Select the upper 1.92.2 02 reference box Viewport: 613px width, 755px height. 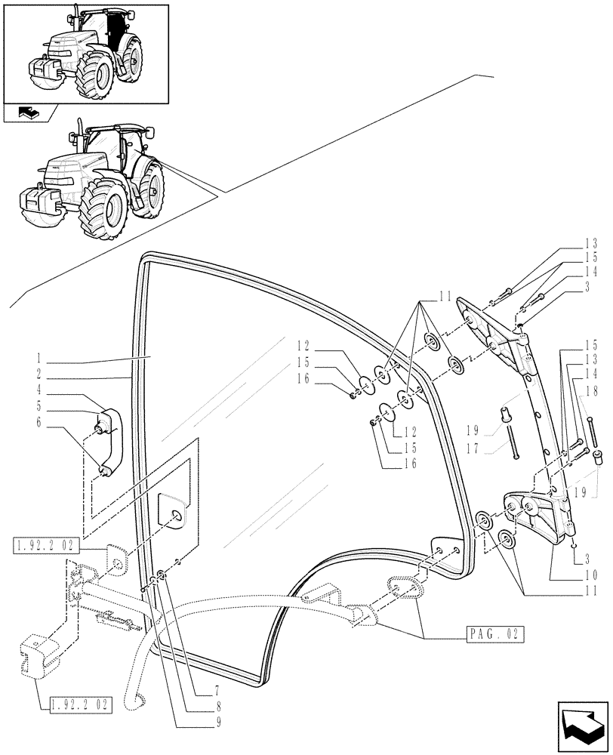point(43,544)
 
